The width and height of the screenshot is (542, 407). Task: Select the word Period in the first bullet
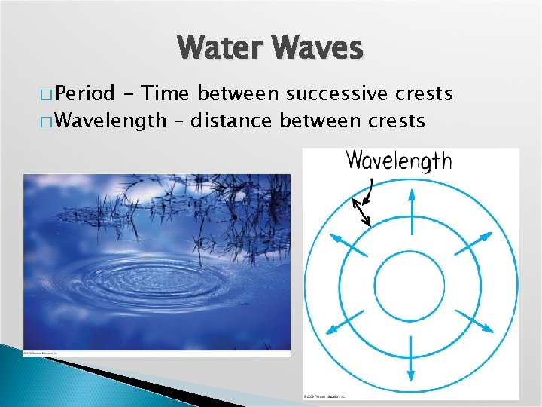click(x=84, y=93)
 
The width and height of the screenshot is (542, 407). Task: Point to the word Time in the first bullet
click(x=166, y=93)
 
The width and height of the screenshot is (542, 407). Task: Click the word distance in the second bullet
click(x=233, y=120)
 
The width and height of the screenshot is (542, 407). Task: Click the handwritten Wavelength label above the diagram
click(x=398, y=161)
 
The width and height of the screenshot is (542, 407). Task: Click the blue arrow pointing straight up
click(x=411, y=207)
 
